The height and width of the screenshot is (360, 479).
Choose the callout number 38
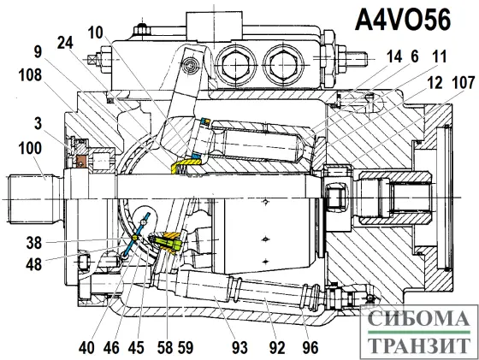tap(34, 242)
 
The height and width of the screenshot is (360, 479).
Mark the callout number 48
tap(34, 264)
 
